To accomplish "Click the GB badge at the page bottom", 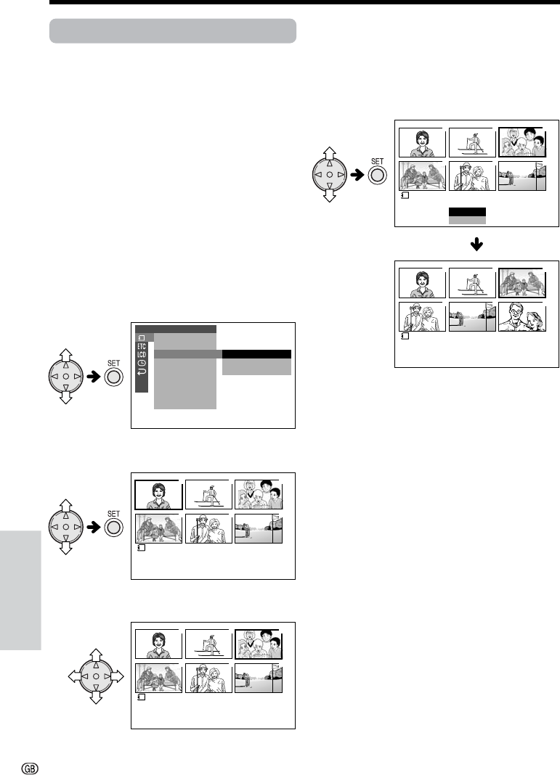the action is coord(31,768).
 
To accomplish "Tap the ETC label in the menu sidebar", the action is coord(142,346).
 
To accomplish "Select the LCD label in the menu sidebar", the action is coord(142,354).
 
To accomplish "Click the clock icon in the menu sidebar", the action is coord(142,363).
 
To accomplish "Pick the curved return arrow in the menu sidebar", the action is coord(142,372).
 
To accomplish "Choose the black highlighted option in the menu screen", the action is coord(256,354).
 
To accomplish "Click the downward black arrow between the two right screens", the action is coord(476,244).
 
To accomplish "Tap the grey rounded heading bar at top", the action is coord(173,31).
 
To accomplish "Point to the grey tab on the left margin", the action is coord(20,591).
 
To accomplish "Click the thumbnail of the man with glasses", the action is coord(522,317).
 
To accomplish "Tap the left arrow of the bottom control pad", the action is coord(75,676).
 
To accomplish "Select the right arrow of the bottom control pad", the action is coord(117,676).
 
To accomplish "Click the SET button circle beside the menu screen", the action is coord(113,377).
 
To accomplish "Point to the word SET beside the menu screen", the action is coord(113,364).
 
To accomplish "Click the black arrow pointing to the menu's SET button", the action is coord(93,377).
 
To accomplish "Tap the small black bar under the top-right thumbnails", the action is coord(467,212).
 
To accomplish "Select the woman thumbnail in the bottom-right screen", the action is coord(422,282).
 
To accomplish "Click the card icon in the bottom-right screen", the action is coord(405,336).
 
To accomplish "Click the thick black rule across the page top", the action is coord(305,2).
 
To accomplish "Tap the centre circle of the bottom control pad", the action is coord(96,676).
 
